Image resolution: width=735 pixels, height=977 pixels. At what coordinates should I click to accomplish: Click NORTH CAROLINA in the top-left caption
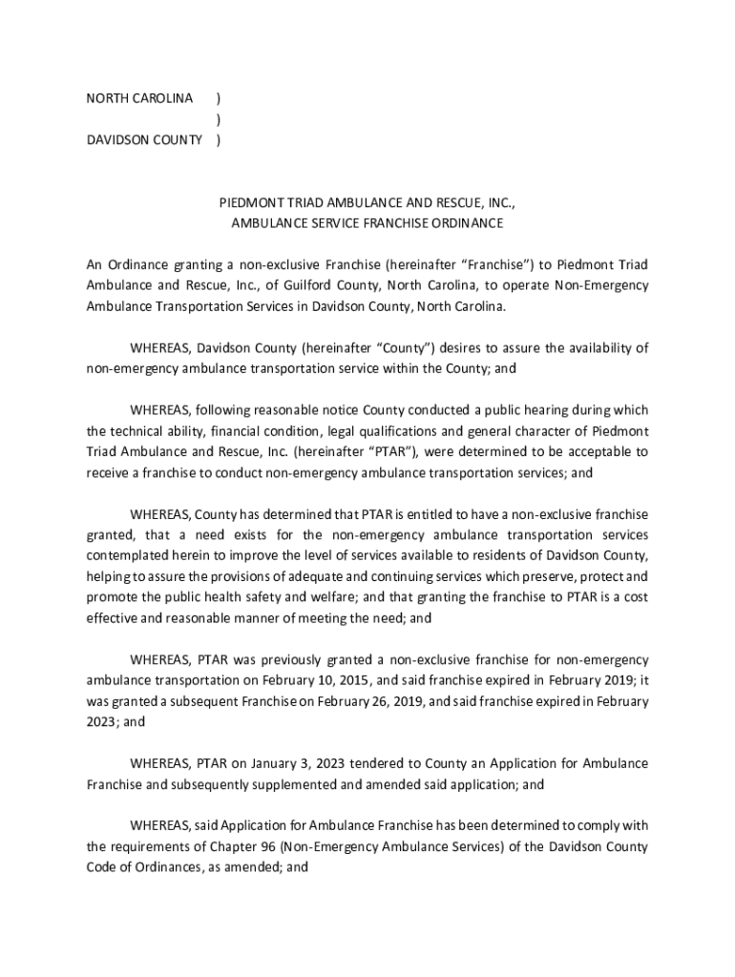pyautogui.click(x=139, y=98)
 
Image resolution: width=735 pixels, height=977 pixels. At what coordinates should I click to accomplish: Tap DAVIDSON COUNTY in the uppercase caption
pyautogui.click(x=144, y=140)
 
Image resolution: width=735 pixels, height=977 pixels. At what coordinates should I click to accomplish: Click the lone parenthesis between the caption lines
pyautogui.click(x=220, y=119)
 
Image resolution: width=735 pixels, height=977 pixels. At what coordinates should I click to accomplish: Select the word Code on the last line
pyautogui.click(x=102, y=867)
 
